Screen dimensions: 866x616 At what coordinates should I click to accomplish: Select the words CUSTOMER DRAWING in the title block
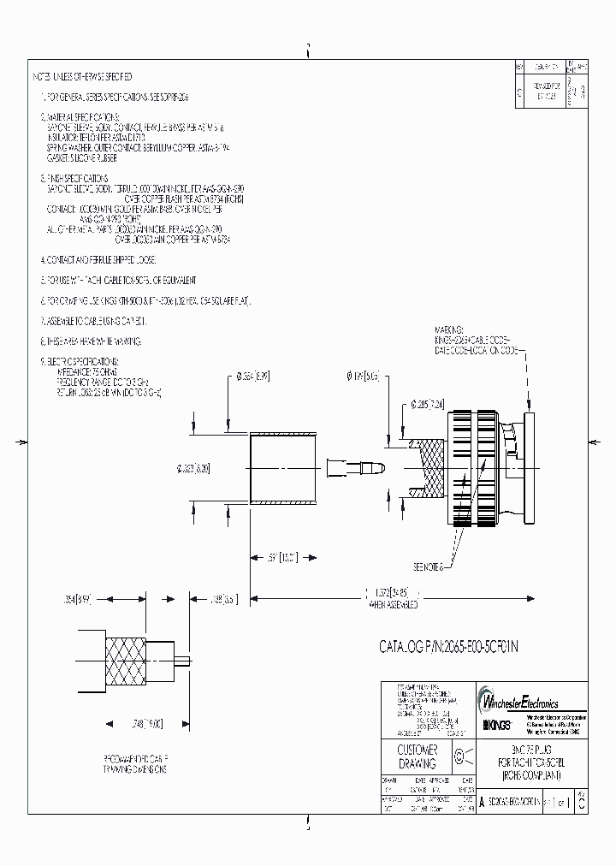tap(418, 756)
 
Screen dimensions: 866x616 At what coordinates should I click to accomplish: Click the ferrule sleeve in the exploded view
tap(281, 469)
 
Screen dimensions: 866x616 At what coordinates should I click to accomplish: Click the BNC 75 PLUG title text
tap(524, 750)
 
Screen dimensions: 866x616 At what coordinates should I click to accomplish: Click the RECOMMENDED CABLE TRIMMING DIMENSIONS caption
tap(137, 764)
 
